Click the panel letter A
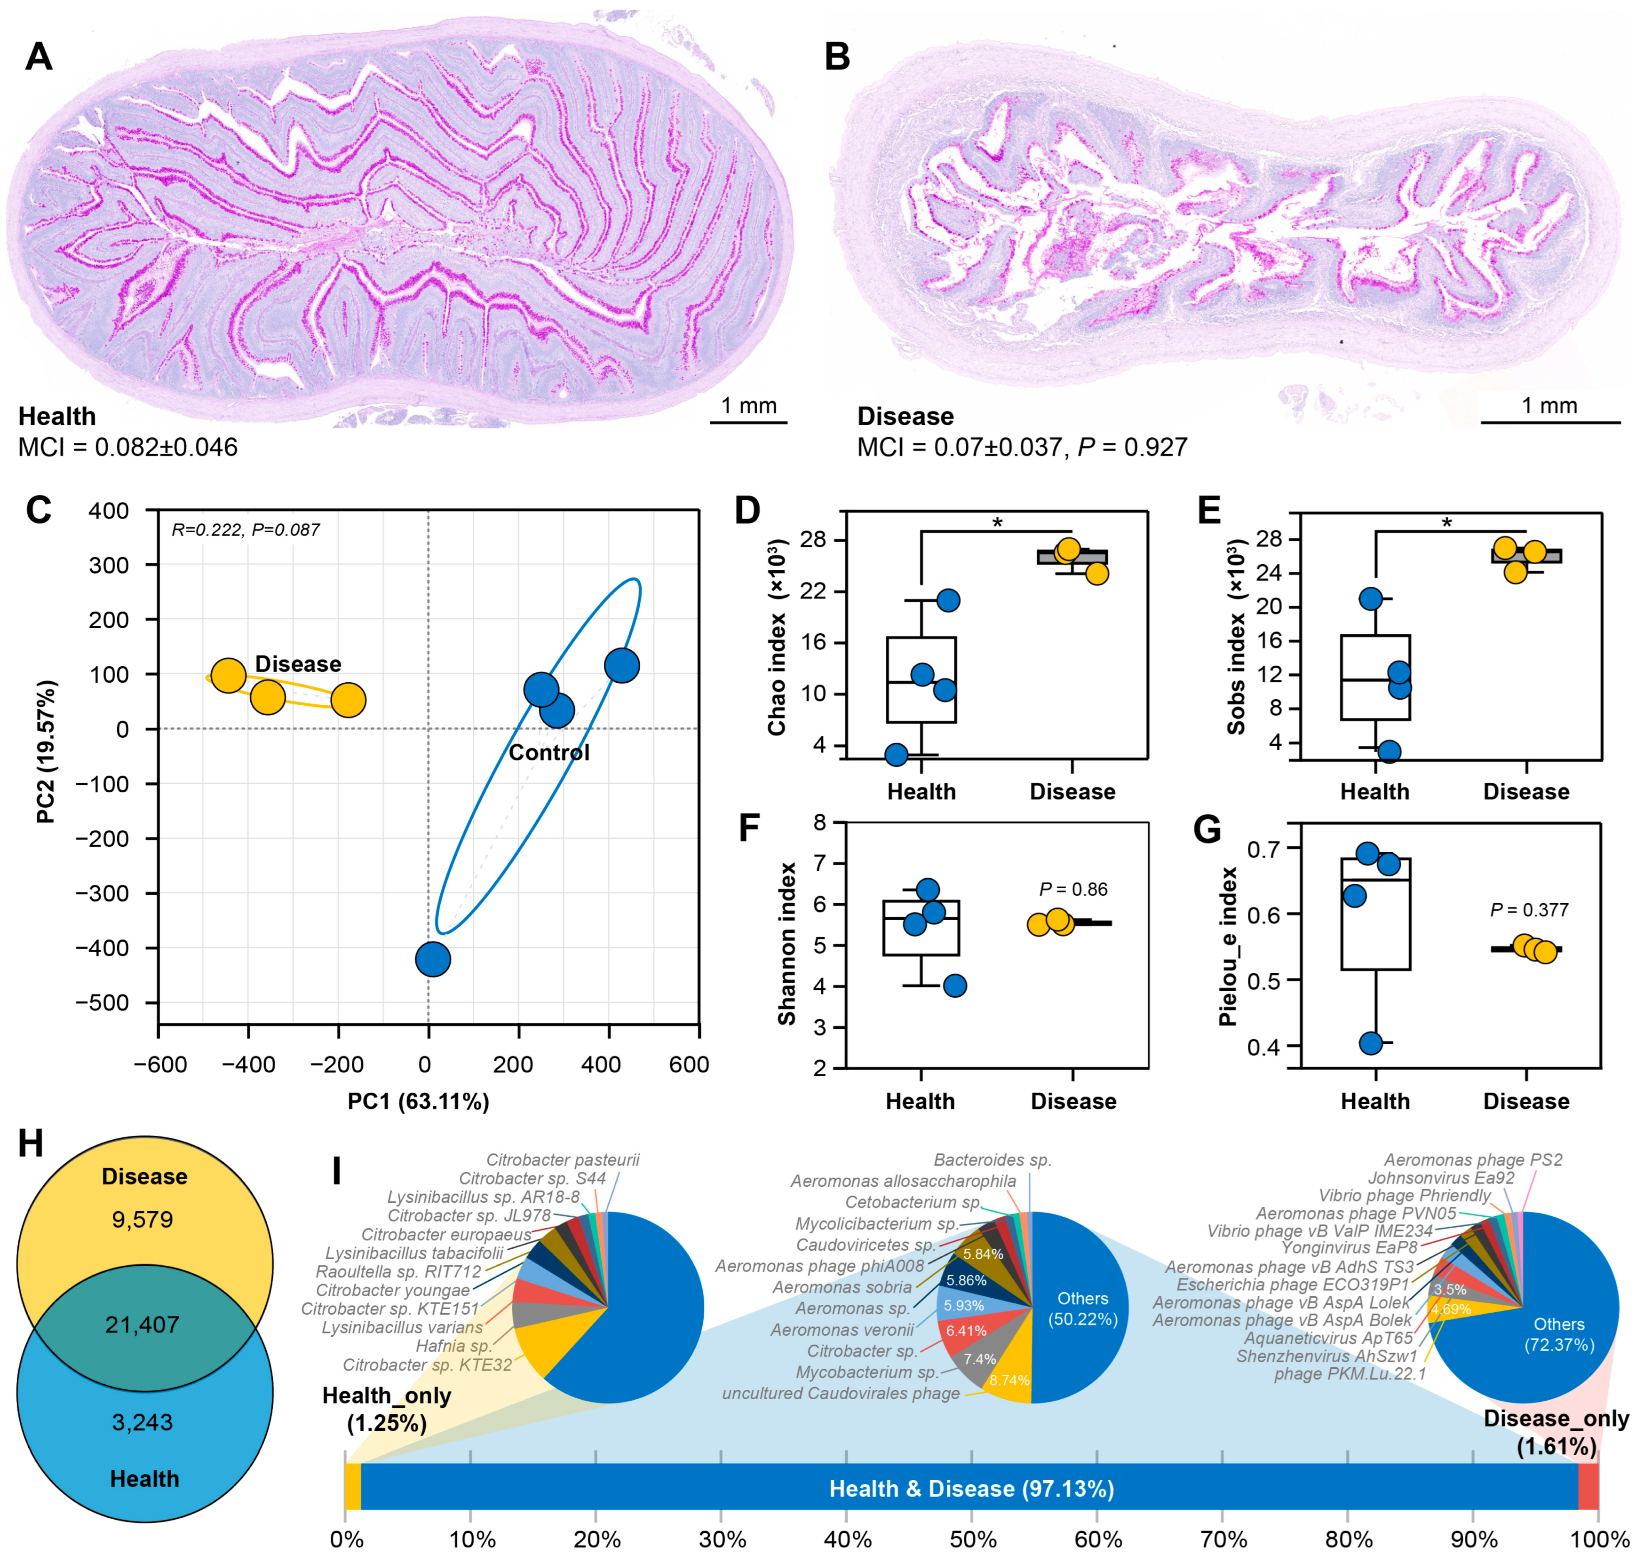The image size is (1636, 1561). pyautogui.click(x=38, y=56)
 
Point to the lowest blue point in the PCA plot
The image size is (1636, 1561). pyautogui.click(x=432, y=959)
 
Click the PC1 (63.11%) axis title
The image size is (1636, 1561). pyautogui.click(x=418, y=1101)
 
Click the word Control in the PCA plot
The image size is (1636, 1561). pyautogui.click(x=548, y=752)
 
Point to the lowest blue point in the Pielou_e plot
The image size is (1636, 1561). pyautogui.click(x=1370, y=1042)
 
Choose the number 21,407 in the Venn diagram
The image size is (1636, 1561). pyautogui.click(x=143, y=1324)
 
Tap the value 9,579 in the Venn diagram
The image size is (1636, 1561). pyautogui.click(x=143, y=1219)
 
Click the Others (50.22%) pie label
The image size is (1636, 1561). pyautogui.click(x=1082, y=1308)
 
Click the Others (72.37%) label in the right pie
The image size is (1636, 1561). pyautogui.click(x=1558, y=1334)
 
